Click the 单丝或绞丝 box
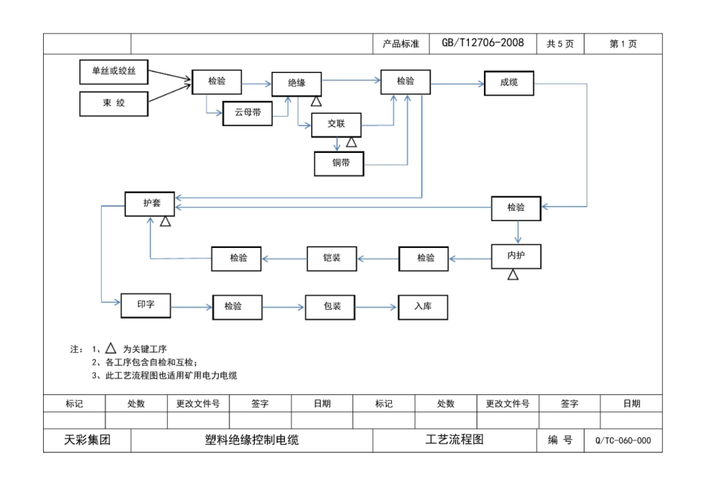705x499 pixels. [114, 72]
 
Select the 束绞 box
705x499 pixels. [114, 103]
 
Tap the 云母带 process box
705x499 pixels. [248, 113]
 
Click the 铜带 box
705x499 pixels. [339, 163]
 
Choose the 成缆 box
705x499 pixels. [509, 83]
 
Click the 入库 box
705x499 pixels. [423, 306]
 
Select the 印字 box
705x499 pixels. [146, 304]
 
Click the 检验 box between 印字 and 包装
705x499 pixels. [238, 307]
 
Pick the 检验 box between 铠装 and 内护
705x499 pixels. [425, 258]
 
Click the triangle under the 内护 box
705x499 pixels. [513, 275]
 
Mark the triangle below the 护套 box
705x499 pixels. [165, 222]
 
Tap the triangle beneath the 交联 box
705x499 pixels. [351, 142]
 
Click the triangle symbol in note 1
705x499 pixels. [111, 348]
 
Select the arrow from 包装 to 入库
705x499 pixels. [377, 307]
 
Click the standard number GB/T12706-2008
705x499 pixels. [482, 43]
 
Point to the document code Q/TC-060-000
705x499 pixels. [623, 440]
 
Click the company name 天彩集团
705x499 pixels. [88, 440]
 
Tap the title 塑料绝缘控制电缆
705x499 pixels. [252, 440]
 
